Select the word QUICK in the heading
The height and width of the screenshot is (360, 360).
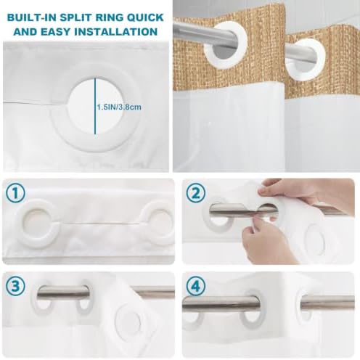[x=144, y=18]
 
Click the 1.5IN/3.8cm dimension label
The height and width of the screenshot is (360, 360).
[x=119, y=107]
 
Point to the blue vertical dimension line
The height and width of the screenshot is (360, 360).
[x=95, y=106]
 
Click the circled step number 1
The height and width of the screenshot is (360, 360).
[x=15, y=193]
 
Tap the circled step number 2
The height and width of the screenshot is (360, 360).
[x=196, y=193]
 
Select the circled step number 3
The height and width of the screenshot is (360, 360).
[x=15, y=286]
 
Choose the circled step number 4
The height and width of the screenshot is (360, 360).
[x=196, y=286]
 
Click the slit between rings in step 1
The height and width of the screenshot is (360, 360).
[x=99, y=224]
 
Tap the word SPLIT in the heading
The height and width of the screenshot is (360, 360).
[x=74, y=18]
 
